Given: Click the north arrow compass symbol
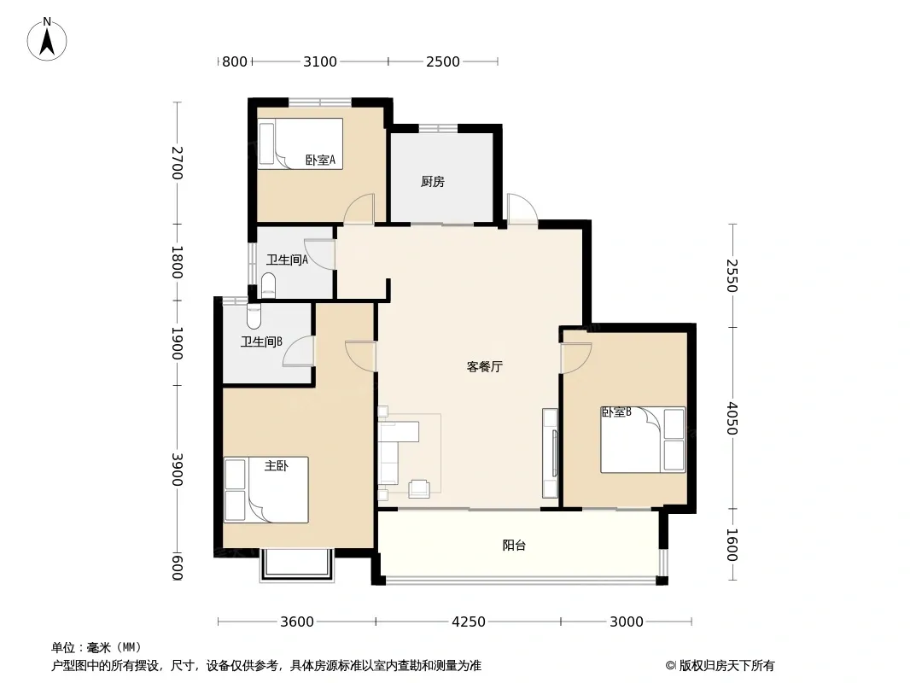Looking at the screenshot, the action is click(47, 39).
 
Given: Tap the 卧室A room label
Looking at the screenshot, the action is click(320, 160).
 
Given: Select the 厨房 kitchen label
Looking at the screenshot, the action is click(432, 182).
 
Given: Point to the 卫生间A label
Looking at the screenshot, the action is click(287, 260).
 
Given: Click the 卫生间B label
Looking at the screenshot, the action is click(262, 341).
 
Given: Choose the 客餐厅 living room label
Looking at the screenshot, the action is click(485, 366).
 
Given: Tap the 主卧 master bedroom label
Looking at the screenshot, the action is click(277, 465).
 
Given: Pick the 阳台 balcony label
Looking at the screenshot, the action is click(514, 545).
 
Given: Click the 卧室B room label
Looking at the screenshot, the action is click(616, 412).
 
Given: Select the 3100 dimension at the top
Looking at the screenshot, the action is click(320, 61).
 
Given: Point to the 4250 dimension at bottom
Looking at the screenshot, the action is click(469, 622).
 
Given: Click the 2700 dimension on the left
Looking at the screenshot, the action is click(177, 163).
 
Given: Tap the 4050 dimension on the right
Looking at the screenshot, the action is click(732, 417).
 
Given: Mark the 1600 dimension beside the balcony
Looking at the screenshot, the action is click(732, 545).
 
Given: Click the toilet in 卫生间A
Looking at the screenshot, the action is click(268, 285).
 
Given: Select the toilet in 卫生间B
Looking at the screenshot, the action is click(254, 317).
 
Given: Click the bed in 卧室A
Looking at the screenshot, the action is click(300, 144).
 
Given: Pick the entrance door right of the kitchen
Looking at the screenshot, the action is click(522, 207).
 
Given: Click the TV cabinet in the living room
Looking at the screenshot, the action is click(550, 453).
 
